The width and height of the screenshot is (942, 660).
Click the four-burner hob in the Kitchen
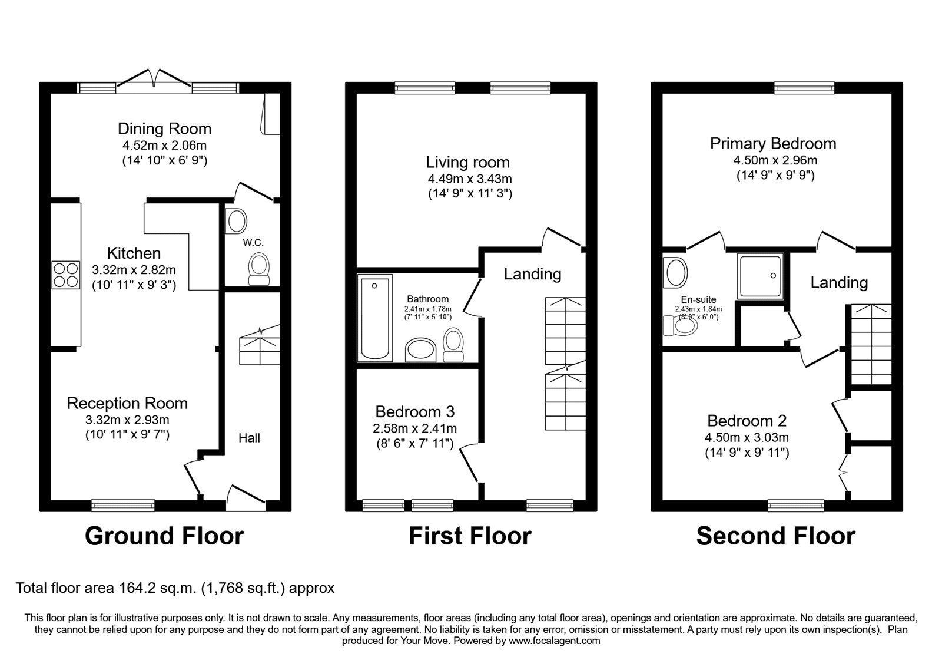coord(65,275)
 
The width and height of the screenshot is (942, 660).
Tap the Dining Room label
coord(164,128)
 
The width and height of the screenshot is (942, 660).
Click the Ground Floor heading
coord(164,536)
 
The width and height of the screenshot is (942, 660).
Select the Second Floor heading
coord(775,536)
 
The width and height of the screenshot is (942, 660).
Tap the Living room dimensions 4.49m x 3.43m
coord(470,179)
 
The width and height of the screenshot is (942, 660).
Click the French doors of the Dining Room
coord(155,82)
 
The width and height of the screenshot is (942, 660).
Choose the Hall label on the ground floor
coord(249,438)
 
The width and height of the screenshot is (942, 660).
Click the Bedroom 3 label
coord(414,411)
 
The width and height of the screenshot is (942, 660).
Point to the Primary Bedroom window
coord(804,88)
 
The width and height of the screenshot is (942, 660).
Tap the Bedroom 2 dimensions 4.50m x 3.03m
coord(747,437)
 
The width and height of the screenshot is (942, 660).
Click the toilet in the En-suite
coord(678,325)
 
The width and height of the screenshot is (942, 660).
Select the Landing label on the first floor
coord(532,274)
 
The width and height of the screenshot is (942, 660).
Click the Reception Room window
coord(123,505)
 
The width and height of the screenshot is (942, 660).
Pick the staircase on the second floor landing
coord(869,345)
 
